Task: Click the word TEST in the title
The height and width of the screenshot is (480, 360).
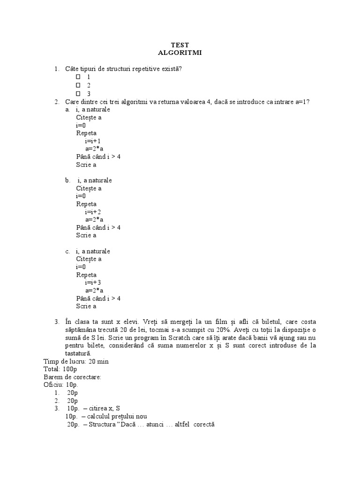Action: pos(180,45)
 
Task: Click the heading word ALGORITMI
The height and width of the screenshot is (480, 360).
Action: pos(180,52)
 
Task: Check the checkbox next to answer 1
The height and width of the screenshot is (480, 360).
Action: pos(78,77)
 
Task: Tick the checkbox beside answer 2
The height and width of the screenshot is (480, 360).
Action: pos(78,85)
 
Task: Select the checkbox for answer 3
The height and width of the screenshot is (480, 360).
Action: pos(78,93)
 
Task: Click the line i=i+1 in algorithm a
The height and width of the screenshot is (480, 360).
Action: pos(93,141)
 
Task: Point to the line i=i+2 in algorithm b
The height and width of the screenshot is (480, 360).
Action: pos(93,211)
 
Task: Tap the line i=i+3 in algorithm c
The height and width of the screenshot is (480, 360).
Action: pos(93,282)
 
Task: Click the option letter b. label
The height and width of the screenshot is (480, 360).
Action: pos(68,180)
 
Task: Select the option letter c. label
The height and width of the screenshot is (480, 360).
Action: pos(68,251)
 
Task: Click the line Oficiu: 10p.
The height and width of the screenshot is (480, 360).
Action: pos(61,385)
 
